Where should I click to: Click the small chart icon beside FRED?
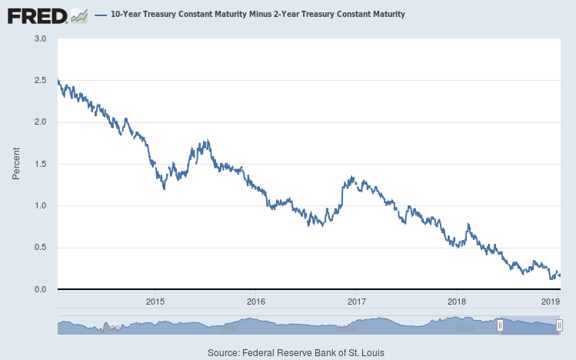(78, 15)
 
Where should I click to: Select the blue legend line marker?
(100, 15)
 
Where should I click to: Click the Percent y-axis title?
(15, 164)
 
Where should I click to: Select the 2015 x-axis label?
(155, 301)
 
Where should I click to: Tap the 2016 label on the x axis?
(256, 301)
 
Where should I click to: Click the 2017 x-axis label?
(356, 301)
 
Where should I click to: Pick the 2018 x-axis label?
(457, 301)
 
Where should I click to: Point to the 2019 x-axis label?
(551, 301)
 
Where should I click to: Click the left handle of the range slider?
(500, 325)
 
